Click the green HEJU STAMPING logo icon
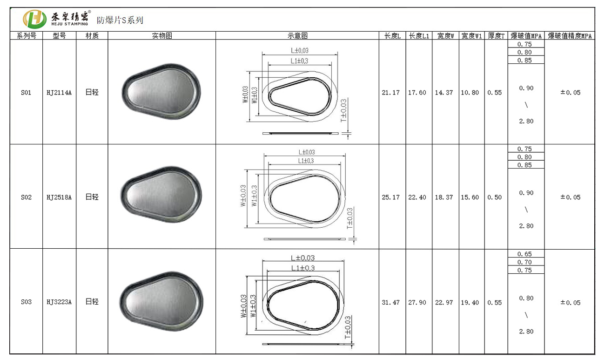click(34, 19)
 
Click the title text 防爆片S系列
click(120, 20)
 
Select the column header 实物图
click(162, 36)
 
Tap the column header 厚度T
click(496, 36)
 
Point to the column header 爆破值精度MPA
click(570, 36)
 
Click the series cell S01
click(26, 93)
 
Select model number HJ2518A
click(59, 197)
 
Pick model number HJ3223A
click(59, 302)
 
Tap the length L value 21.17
click(391, 93)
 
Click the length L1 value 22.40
click(417, 197)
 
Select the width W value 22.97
click(444, 303)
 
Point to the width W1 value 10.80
click(470, 93)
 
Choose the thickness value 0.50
click(495, 197)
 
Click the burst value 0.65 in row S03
click(524, 254)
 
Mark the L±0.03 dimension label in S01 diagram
click(299, 50)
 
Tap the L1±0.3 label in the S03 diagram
click(303, 268)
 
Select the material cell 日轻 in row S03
click(92, 302)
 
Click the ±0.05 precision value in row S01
click(571, 93)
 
